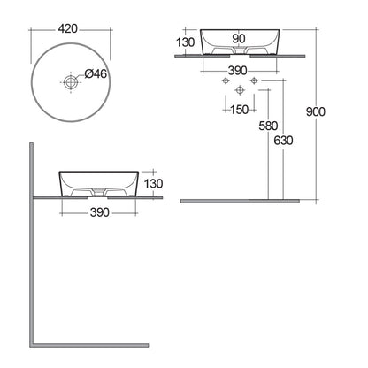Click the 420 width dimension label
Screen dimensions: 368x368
(x=68, y=29)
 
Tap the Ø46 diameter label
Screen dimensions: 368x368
(x=96, y=73)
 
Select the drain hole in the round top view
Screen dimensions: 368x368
(x=71, y=82)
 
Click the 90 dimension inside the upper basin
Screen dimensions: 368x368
(x=238, y=38)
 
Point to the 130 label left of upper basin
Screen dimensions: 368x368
(x=186, y=42)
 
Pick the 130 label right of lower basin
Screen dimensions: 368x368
(x=153, y=184)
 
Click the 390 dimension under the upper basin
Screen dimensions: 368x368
(x=237, y=71)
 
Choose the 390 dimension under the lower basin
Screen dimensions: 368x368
(x=100, y=212)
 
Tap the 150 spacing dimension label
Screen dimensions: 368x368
(x=239, y=110)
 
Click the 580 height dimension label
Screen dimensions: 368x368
(x=268, y=126)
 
